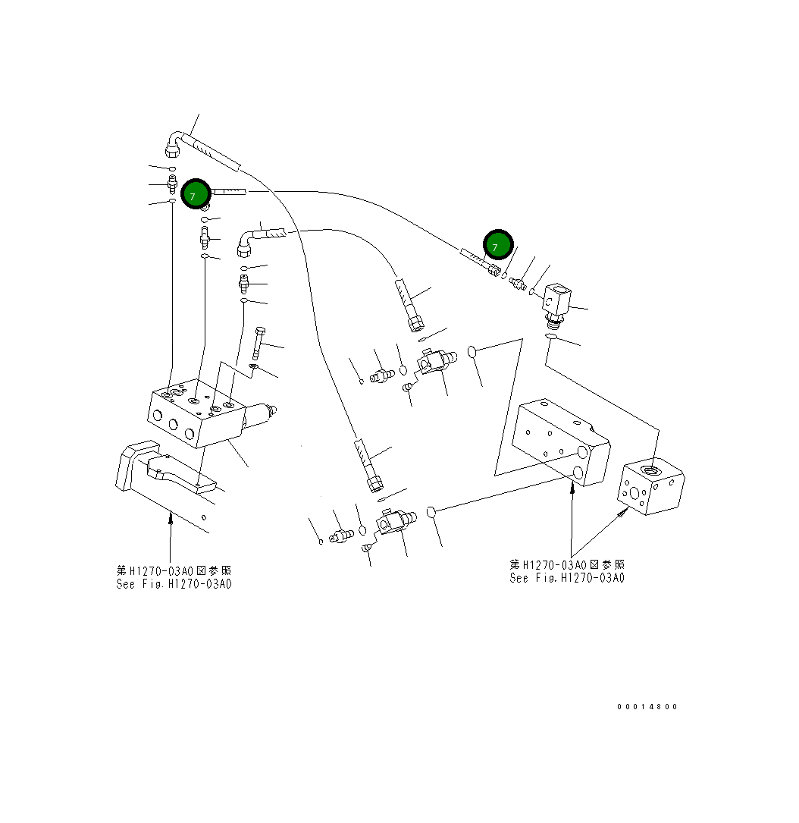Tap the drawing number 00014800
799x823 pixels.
647,706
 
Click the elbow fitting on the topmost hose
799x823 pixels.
174,143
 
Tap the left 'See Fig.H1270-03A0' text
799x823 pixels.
174,584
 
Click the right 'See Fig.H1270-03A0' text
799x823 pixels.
567,578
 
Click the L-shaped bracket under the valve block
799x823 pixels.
163,470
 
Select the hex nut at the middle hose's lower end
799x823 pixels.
415,325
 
